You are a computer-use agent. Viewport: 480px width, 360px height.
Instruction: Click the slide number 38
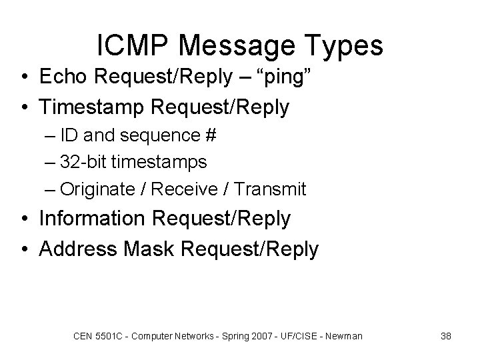click(x=446, y=336)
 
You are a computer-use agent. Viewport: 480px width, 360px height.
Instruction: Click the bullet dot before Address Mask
click(x=25, y=249)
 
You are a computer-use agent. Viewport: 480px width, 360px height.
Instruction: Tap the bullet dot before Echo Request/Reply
click(x=25, y=77)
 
